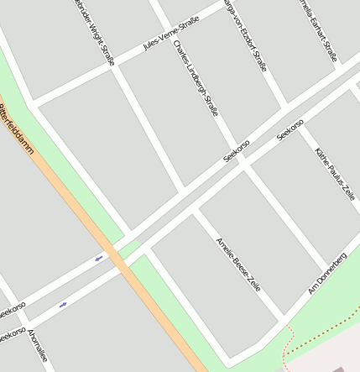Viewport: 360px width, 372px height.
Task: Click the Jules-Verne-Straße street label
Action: [x=170, y=34]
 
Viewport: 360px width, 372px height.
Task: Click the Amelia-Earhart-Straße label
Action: [x=319, y=29]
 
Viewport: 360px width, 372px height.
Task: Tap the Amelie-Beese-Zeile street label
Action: [x=238, y=264]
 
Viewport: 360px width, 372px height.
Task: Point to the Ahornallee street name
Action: [x=38, y=348]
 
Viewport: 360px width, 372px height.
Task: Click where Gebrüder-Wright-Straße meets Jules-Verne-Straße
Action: [x=113, y=67]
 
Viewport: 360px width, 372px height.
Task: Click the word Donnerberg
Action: [x=331, y=267]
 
